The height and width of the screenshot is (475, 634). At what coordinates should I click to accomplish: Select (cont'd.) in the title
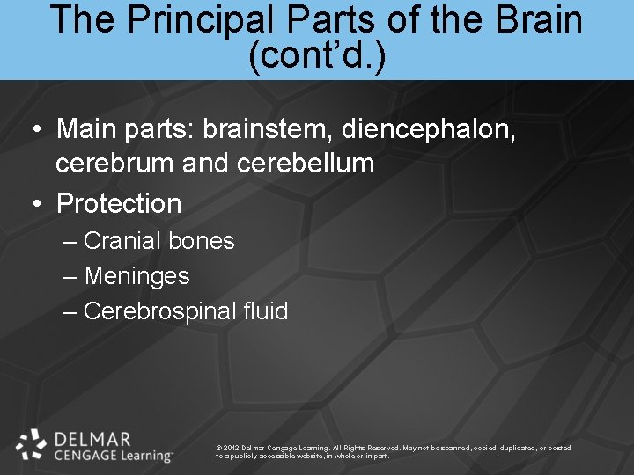(x=317, y=56)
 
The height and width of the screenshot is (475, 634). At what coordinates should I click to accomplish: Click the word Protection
(x=119, y=203)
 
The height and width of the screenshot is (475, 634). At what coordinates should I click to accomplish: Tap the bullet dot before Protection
(x=36, y=204)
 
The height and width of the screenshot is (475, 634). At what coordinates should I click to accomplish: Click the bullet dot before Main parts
(x=36, y=130)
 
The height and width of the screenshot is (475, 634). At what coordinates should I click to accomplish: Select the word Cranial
(x=122, y=241)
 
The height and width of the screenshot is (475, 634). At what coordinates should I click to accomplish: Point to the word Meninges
(x=136, y=276)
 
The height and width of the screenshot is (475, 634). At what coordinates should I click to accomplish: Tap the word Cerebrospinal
(x=162, y=311)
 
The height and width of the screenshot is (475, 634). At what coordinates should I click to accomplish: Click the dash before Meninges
(x=71, y=277)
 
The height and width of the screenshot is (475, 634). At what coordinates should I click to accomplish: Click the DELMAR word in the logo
(x=92, y=439)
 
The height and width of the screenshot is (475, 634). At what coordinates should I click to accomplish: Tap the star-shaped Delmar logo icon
(x=32, y=444)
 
